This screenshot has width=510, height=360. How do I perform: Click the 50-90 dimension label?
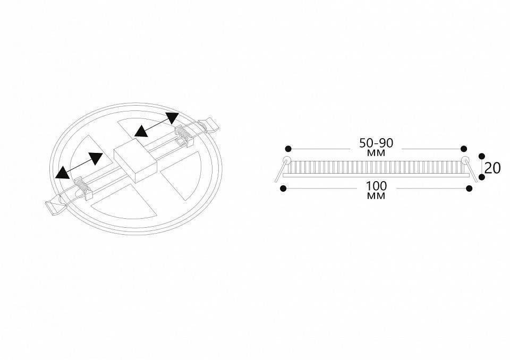(376, 143)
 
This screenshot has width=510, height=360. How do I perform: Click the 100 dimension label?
(377, 186)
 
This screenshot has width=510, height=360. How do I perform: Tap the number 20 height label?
(492, 168)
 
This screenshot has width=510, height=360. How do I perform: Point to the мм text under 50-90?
(376, 153)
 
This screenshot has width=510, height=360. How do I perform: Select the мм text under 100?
(376, 196)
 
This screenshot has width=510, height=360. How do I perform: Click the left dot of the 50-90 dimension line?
(288, 149)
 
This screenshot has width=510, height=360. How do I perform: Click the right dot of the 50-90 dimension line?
(464, 149)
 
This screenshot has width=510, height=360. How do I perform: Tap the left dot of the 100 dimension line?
(283, 188)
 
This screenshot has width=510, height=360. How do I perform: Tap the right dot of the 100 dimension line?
(469, 188)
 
